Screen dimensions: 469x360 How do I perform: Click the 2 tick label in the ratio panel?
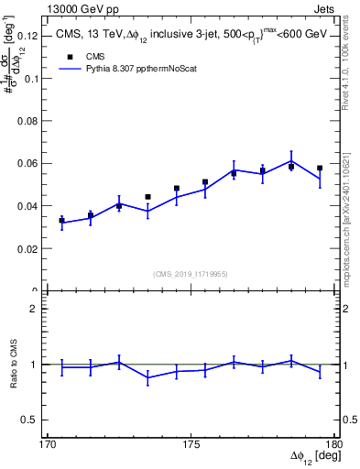(38, 310)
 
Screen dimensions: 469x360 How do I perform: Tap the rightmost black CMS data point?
(320, 169)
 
